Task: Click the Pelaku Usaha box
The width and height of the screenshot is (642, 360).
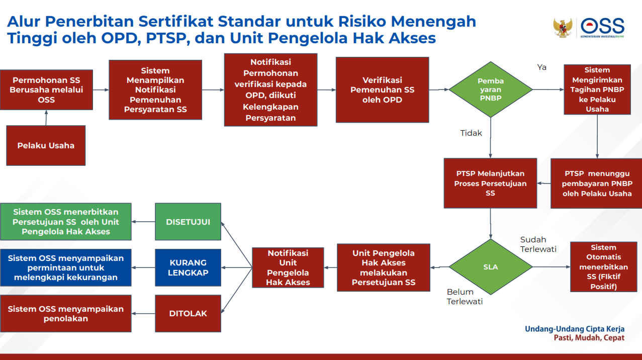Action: (x=46, y=146)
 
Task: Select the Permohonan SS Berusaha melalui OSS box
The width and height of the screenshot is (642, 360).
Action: (x=46, y=90)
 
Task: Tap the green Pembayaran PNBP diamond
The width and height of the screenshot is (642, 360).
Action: (x=490, y=90)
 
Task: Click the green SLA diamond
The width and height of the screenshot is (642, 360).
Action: (x=490, y=267)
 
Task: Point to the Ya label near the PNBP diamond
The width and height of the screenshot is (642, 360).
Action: (x=541, y=67)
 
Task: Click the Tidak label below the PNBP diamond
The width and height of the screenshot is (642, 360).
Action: (x=471, y=133)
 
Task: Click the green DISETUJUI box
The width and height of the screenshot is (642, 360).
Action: (x=188, y=222)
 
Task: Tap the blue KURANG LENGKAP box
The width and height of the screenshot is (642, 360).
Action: (x=188, y=267)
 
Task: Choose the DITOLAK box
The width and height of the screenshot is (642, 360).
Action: (x=188, y=313)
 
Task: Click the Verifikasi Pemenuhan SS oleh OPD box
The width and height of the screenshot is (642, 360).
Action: (x=382, y=90)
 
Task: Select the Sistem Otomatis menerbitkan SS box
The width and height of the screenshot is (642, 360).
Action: (x=603, y=267)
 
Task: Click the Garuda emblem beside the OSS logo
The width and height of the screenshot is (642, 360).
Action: (x=563, y=28)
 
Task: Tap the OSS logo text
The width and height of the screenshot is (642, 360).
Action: (x=602, y=25)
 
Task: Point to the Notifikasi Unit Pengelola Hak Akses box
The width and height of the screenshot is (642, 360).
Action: (x=288, y=267)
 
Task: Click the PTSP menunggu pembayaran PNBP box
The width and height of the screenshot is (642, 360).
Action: (x=597, y=184)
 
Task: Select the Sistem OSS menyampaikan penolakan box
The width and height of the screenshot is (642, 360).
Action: (x=66, y=313)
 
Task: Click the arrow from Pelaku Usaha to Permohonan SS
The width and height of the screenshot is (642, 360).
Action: (x=46, y=118)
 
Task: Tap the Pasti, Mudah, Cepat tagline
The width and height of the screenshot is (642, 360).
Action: (x=589, y=338)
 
